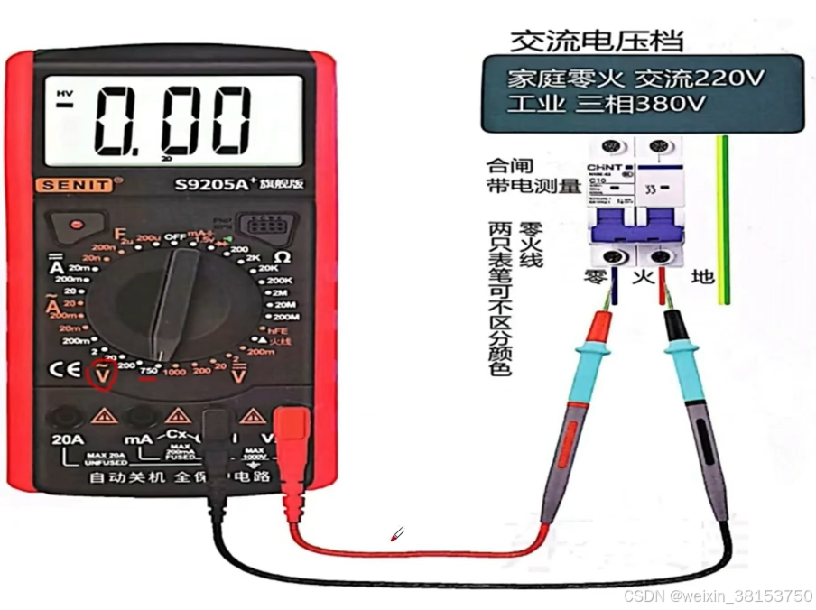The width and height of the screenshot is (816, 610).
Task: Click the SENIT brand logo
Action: click(75, 185)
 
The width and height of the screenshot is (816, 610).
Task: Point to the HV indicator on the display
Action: click(63, 93)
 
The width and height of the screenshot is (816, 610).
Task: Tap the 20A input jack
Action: click(65, 417)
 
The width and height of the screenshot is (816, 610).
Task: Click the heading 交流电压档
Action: click(597, 41)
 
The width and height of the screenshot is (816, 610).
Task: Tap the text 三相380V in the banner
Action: click(637, 104)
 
